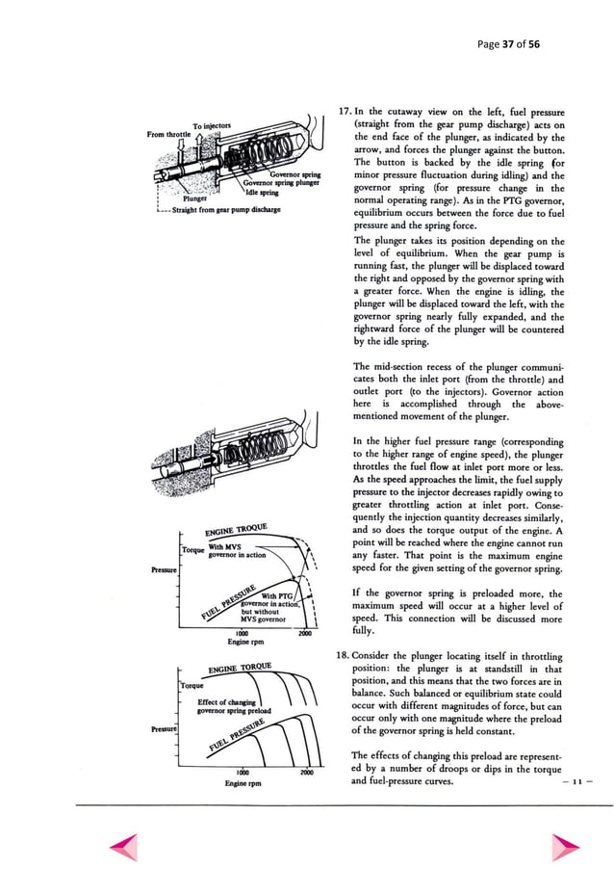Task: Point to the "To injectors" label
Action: pos(210,126)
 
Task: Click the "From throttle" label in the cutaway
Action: pos(169,135)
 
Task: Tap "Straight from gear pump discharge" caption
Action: pos(218,208)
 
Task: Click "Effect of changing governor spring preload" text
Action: pos(230,706)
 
